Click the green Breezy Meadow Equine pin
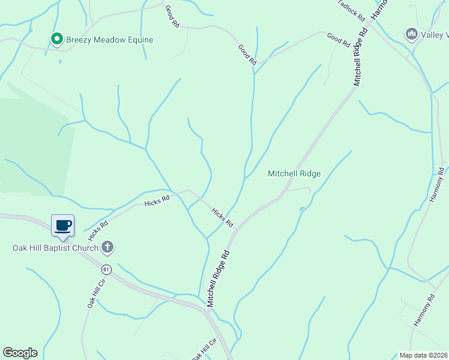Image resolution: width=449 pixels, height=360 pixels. [57, 40]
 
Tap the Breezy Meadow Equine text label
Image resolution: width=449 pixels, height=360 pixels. [110, 40]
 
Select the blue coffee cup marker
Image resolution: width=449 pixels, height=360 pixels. [62, 226]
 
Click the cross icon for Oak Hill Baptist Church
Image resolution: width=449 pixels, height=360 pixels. [107, 247]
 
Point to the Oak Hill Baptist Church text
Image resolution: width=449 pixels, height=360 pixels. [56, 247]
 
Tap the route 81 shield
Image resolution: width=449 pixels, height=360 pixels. [106, 269]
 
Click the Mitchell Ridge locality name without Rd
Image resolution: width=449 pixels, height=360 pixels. [294, 173]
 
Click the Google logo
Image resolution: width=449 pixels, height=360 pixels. [20, 353]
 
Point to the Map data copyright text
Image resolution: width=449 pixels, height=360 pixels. [423, 355]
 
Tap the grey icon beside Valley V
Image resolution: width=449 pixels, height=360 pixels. [411, 34]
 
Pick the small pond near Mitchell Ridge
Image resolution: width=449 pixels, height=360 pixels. [302, 209]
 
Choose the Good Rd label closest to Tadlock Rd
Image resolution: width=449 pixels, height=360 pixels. [339, 40]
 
